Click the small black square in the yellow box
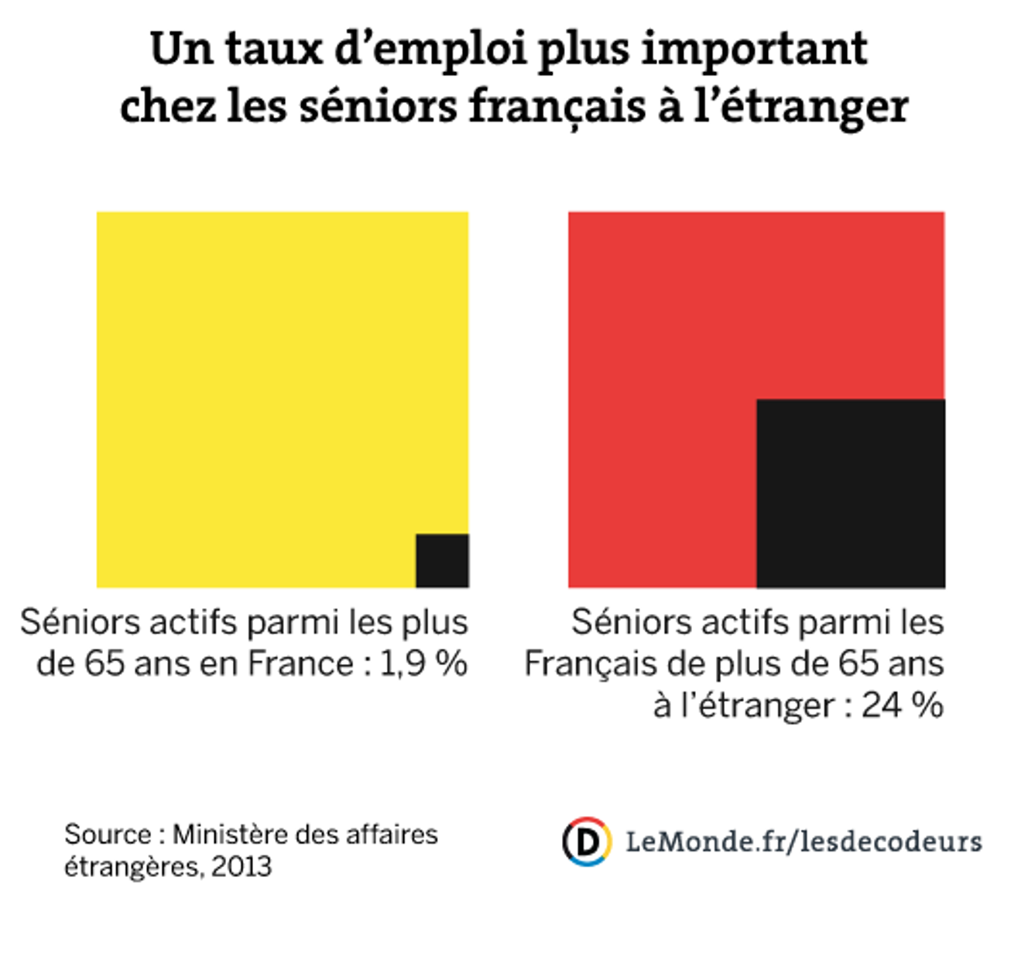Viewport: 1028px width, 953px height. [x=442, y=560]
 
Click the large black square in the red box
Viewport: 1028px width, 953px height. [x=850, y=493]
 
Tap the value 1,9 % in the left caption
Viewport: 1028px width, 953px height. [x=423, y=663]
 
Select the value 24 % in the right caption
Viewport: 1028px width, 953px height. [x=902, y=705]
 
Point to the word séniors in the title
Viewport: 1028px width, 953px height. [x=378, y=106]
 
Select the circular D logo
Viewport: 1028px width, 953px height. [x=587, y=841]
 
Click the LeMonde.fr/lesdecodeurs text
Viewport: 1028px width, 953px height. [x=804, y=841]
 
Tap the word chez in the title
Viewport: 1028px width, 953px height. [x=166, y=106]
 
